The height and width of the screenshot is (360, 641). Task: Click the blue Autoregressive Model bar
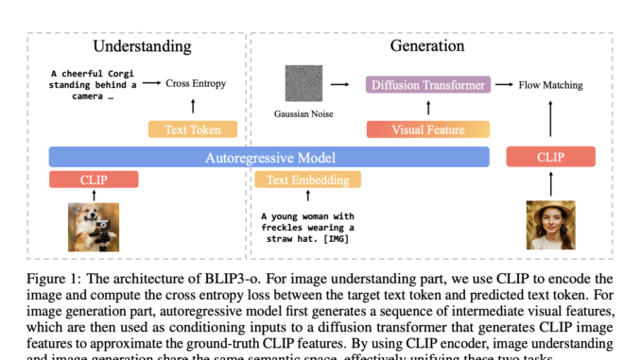click(269, 157)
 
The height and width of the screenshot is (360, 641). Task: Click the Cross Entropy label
click(197, 84)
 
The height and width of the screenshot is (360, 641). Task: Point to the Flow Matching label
click(551, 85)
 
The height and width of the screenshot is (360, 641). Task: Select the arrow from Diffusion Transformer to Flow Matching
click(504, 85)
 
